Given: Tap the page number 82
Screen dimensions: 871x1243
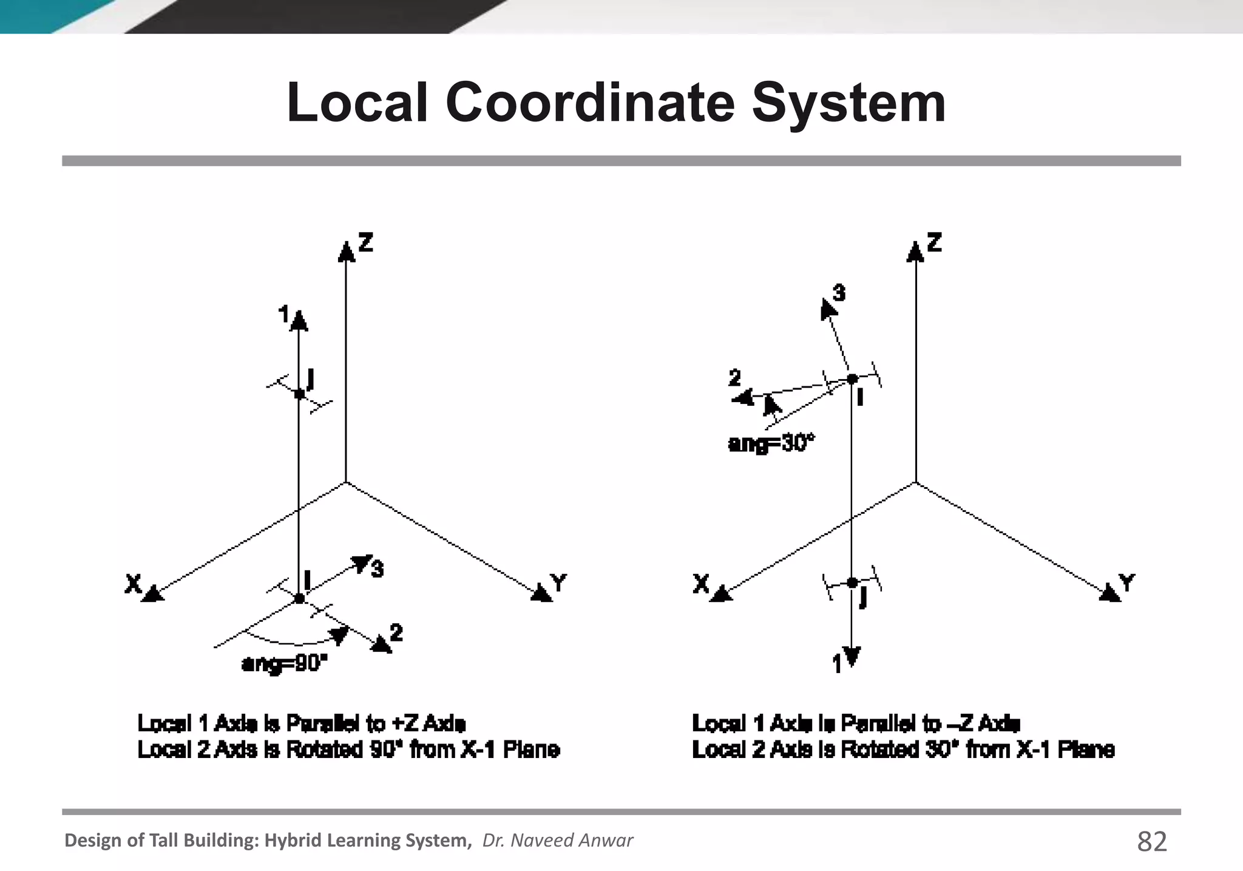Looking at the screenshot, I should pyautogui.click(x=1151, y=842).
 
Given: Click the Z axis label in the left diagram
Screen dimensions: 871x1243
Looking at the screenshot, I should pyautogui.click(x=365, y=242).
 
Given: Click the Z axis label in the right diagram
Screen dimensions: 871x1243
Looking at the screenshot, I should pyautogui.click(x=934, y=242).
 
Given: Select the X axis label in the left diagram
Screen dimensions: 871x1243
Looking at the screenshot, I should pyautogui.click(x=133, y=584).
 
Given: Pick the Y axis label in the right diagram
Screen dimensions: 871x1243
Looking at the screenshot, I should pyautogui.click(x=1126, y=583).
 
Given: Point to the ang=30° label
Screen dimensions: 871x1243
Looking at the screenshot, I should pyautogui.click(x=771, y=444).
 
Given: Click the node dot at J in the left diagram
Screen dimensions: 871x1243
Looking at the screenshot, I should pyautogui.click(x=299, y=394).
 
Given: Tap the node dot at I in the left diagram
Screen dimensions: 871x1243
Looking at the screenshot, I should pyautogui.click(x=299, y=599).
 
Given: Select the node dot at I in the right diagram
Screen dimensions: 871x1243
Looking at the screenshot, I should pyautogui.click(x=852, y=379).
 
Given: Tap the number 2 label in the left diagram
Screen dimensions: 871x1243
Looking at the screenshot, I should pyautogui.click(x=396, y=633).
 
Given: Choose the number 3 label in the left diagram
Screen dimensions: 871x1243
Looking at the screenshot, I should pyautogui.click(x=377, y=569).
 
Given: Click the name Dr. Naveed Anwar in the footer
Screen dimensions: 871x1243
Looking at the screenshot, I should pyautogui.click(x=557, y=841).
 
